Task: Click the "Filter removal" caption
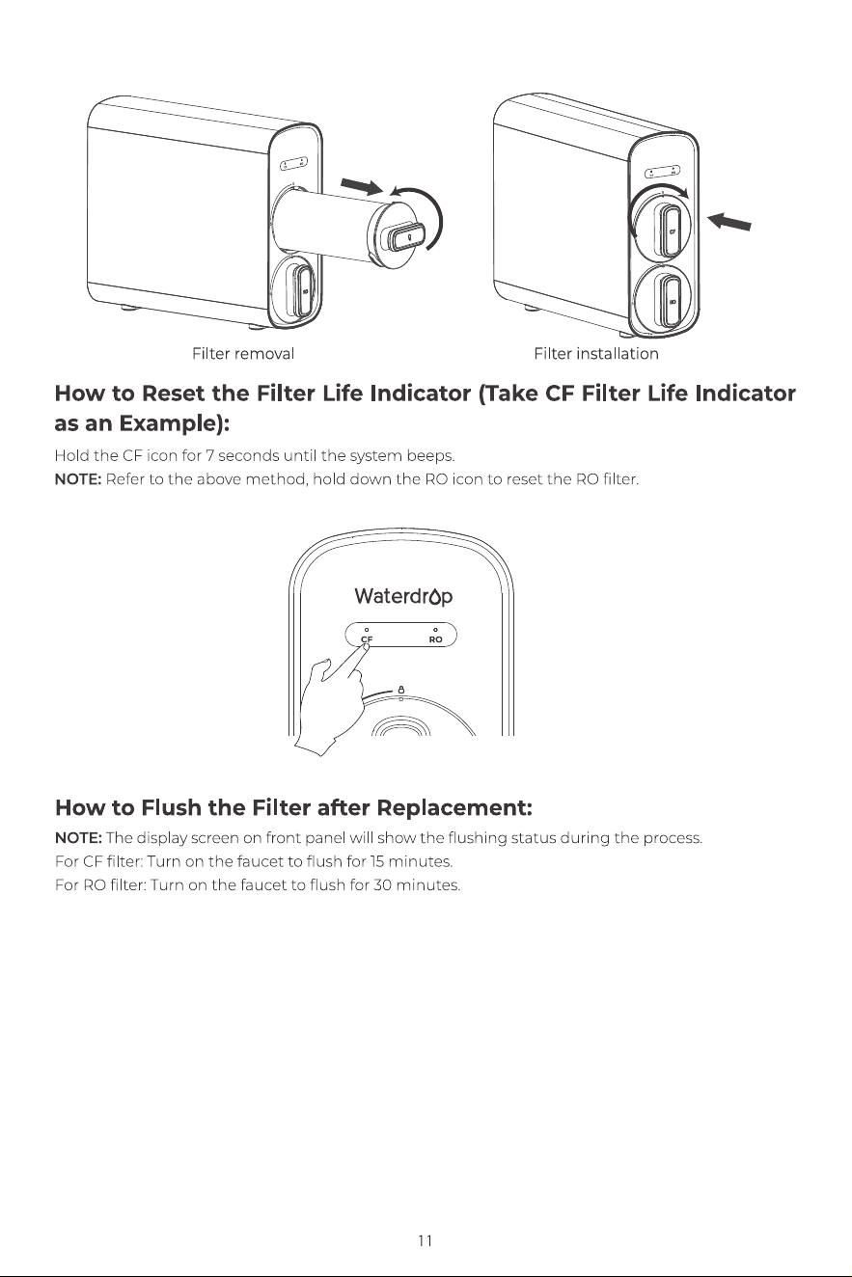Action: click(x=243, y=354)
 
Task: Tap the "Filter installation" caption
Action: click(x=596, y=354)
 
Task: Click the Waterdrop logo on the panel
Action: click(x=403, y=597)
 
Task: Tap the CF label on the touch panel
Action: click(x=367, y=639)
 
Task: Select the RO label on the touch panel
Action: click(x=436, y=639)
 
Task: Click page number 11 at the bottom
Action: click(x=425, y=1240)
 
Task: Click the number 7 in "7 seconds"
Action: click(x=209, y=456)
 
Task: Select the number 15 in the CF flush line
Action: click(x=376, y=861)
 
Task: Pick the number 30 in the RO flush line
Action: click(x=382, y=885)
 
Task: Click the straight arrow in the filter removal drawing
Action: click(x=362, y=186)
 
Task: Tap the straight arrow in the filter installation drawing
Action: click(x=728, y=221)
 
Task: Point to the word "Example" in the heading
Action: click(x=170, y=424)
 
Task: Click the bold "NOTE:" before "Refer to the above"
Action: click(x=78, y=479)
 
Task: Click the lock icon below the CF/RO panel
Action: click(x=400, y=689)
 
